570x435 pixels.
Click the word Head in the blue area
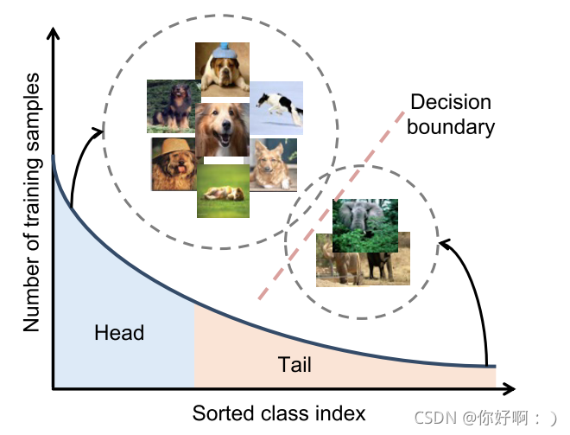[119, 333]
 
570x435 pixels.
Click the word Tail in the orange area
[294, 365]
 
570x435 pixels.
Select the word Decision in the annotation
[450, 102]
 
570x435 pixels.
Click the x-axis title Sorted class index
[279, 413]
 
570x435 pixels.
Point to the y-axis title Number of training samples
[32, 203]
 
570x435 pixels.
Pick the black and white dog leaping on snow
[277, 106]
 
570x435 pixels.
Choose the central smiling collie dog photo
[223, 131]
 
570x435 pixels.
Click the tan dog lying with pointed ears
[273, 164]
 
